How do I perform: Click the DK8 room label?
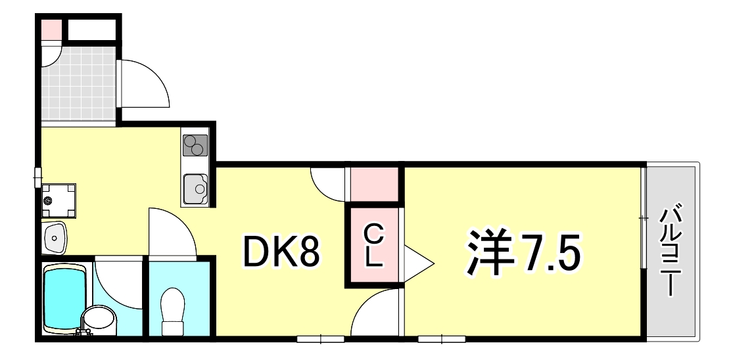tap(281, 252)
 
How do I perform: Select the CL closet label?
tap(373, 246)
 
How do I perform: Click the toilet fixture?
tap(172, 311)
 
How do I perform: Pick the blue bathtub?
tap(65, 298)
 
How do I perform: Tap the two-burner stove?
tap(195, 145)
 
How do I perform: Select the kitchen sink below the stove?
tap(196, 189)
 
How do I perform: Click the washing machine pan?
tap(59, 201)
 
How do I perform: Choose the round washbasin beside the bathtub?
tap(99, 319)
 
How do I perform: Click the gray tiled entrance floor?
tap(78, 83)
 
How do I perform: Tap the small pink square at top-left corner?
tap(51, 30)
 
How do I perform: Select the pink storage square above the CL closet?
tap(374, 185)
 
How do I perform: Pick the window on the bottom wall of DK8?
tap(320, 339)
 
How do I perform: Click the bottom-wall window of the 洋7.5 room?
tap(442, 339)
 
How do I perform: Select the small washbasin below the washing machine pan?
tap(55, 238)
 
